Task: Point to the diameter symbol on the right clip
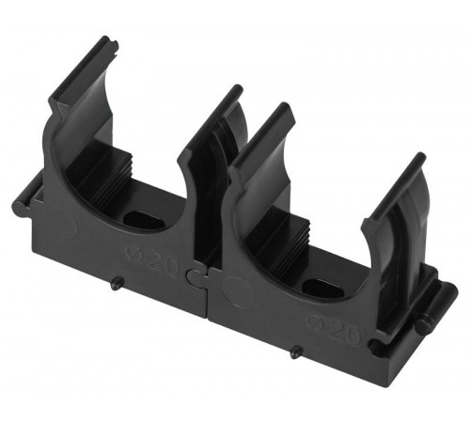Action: pyautogui.click(x=316, y=319)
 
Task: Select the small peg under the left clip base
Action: pyautogui.click(x=117, y=283)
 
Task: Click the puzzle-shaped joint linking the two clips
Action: pyautogui.click(x=196, y=274)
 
